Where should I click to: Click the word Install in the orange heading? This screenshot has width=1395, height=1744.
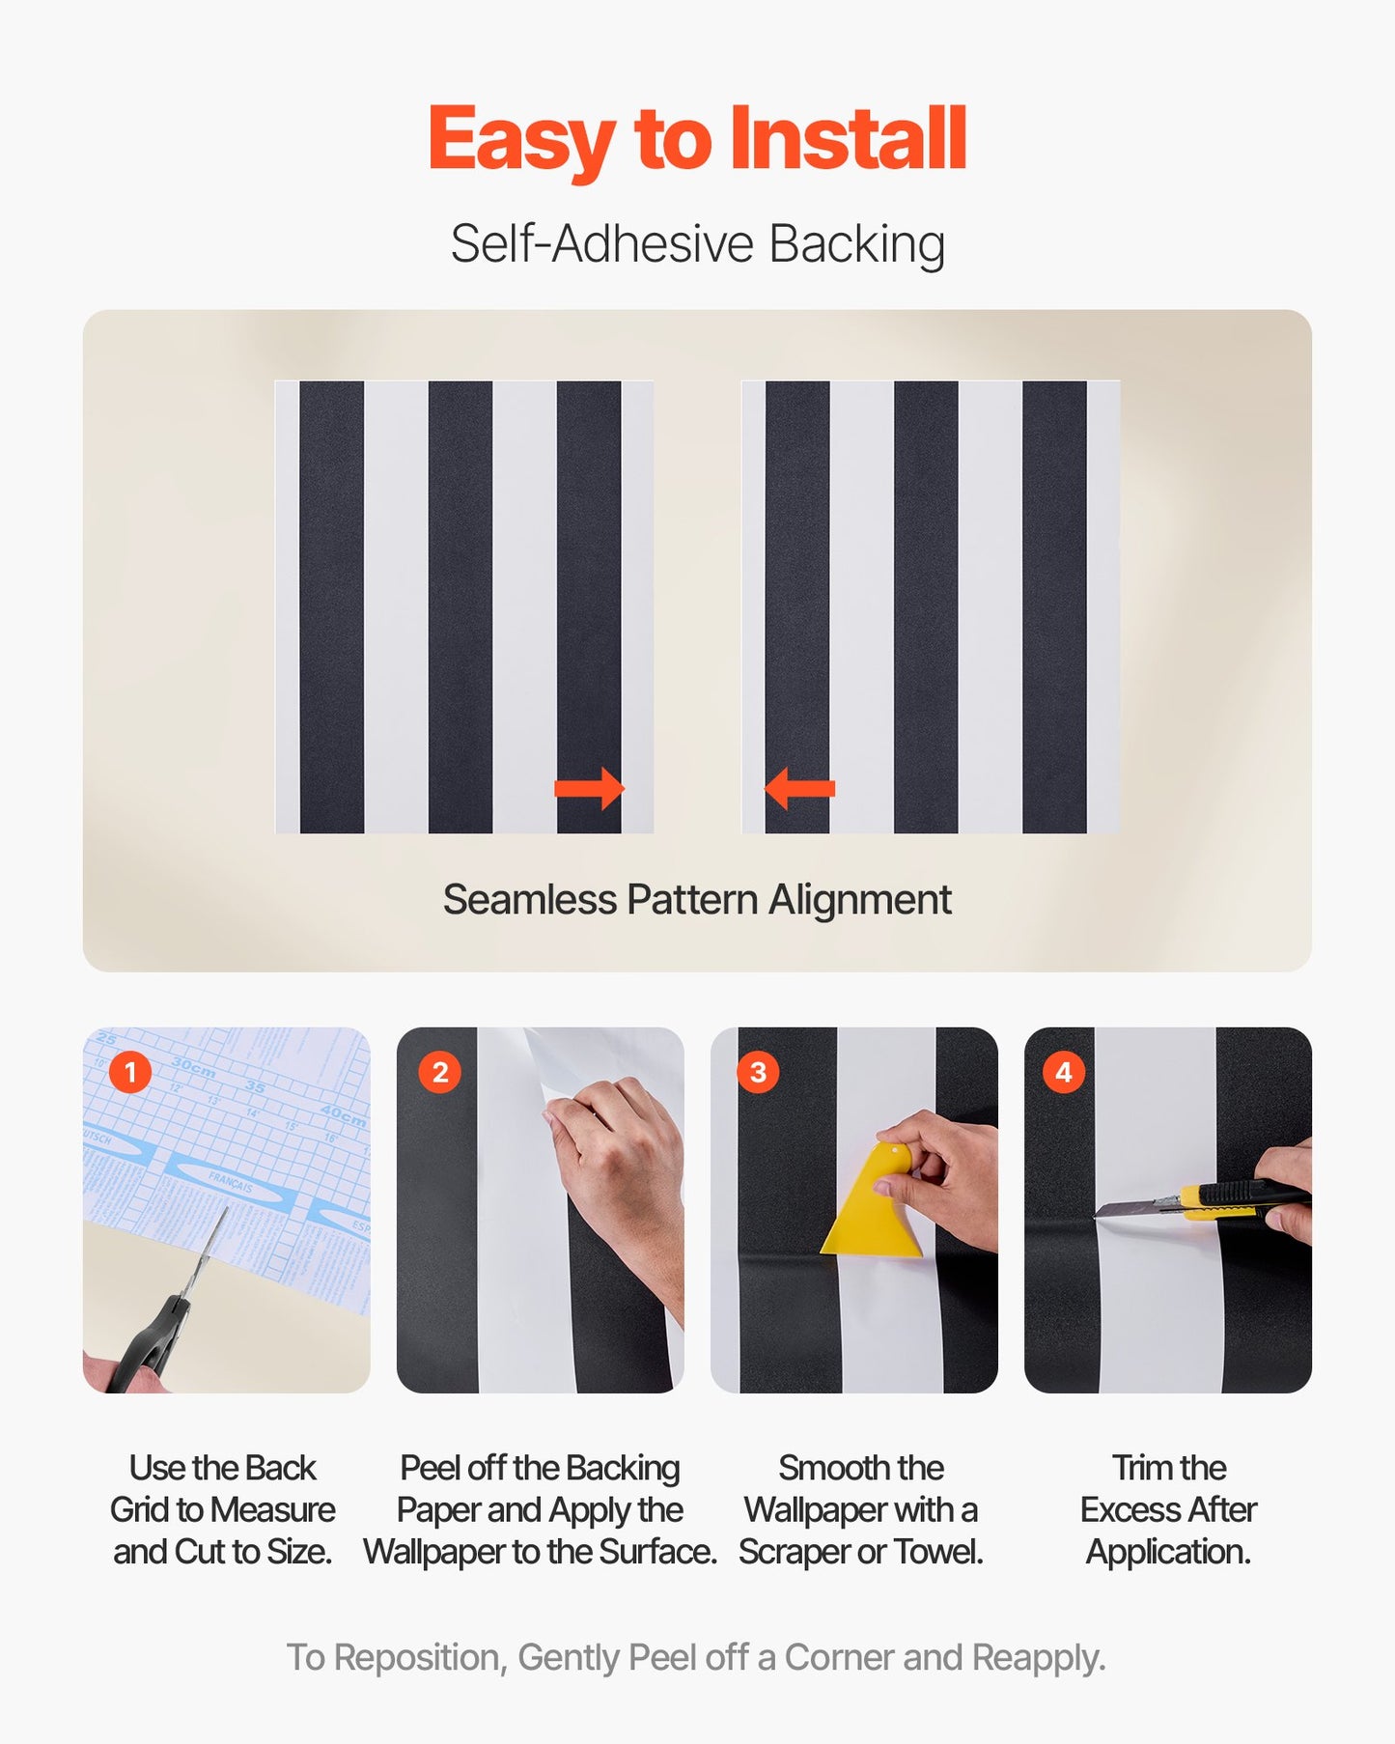(x=847, y=139)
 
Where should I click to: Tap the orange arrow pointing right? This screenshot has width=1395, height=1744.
(x=589, y=788)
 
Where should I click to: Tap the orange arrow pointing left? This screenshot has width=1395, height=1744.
(x=799, y=788)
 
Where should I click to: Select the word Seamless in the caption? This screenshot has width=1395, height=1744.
(x=529, y=900)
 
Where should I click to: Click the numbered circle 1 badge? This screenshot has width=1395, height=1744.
(x=130, y=1072)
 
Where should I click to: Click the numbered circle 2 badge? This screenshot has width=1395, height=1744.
(x=440, y=1072)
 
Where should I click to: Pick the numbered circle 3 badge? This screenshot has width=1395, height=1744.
(x=758, y=1072)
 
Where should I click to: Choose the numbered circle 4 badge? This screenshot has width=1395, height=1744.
(x=1064, y=1072)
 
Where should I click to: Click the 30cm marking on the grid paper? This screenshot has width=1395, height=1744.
(x=193, y=1068)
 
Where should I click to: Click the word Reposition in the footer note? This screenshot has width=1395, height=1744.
(x=418, y=1657)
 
